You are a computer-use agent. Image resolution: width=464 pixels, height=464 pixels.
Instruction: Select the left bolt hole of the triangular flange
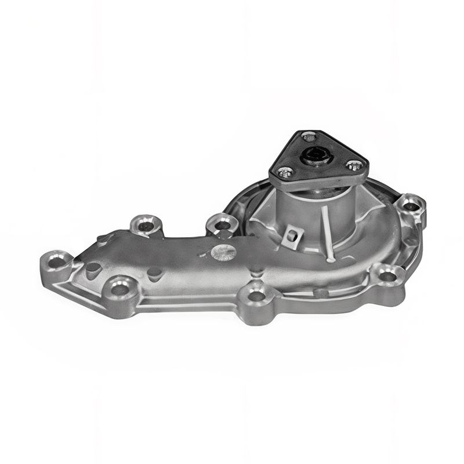[x=284, y=172]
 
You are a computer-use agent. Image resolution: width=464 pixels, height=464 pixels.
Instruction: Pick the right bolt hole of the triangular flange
[x=352, y=166]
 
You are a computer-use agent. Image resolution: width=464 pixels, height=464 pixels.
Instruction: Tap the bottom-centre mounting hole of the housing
[x=255, y=296]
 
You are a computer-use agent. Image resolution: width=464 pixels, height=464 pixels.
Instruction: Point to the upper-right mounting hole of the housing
[x=411, y=205]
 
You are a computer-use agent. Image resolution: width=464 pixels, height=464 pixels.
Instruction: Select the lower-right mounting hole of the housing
[x=387, y=276]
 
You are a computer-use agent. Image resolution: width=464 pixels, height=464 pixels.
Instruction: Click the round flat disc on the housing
[x=223, y=252]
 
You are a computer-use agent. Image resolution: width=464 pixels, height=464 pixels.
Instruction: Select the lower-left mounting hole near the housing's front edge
[x=121, y=288]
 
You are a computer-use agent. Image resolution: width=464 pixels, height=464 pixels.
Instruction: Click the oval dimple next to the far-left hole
[x=93, y=269]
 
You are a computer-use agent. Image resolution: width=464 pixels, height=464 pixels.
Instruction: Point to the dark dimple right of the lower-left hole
[x=154, y=274]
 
